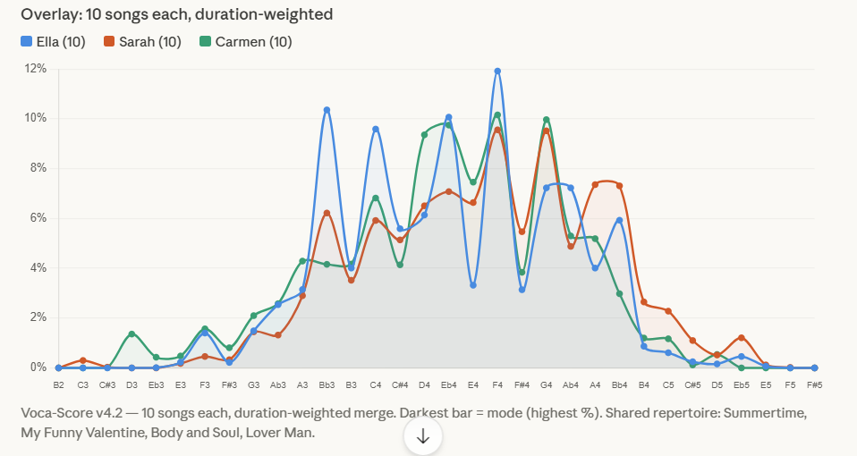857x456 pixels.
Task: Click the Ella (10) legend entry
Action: coord(53,42)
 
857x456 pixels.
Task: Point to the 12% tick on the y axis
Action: coord(37,69)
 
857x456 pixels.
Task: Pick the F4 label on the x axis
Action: coord(497,384)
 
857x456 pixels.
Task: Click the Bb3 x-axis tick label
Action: coord(327,384)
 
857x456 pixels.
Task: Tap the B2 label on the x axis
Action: coord(58,384)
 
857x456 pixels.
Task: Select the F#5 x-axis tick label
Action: coord(814,384)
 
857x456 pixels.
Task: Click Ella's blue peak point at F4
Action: coord(497,72)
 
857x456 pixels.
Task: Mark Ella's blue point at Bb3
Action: coord(327,110)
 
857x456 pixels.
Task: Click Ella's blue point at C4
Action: coord(376,129)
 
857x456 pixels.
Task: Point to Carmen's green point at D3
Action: coord(132,334)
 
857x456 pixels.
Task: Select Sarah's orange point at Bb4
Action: coord(620,186)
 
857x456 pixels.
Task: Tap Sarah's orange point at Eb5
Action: coord(742,338)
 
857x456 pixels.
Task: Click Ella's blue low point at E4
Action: coord(473,285)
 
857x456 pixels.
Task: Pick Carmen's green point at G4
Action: coord(547,120)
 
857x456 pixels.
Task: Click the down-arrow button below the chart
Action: coord(423,436)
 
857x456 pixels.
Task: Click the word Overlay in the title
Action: coord(47,14)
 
